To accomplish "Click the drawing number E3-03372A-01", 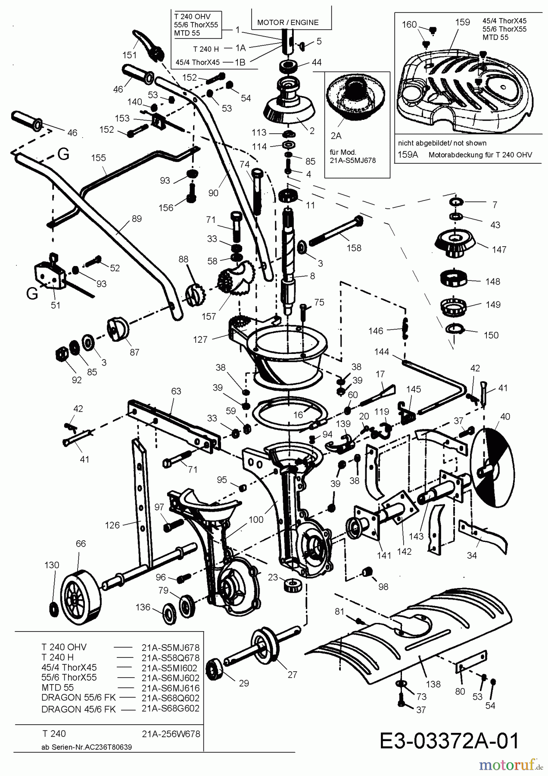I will coord(449,741).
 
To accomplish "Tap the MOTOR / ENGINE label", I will coord(288,22).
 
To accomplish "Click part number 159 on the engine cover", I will coord(462,22).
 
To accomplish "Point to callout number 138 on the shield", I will coord(433,684).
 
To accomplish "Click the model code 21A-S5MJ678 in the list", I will coord(170,647).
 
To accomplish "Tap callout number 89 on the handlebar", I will coord(137,219).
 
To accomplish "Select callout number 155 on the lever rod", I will coord(98,158).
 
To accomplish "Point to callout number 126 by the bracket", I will coord(112,525).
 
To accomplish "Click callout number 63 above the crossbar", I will coord(176,391).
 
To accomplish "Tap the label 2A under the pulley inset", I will coord(336,136).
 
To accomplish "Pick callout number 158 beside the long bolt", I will coord(354,248).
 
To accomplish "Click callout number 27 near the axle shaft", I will coord(292,674).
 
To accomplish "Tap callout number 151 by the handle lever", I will coord(129,55).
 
